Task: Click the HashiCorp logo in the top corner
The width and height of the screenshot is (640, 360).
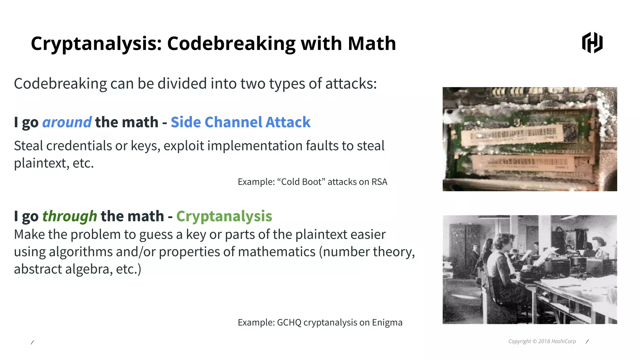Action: [x=592, y=42]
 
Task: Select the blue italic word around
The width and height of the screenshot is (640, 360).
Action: [x=67, y=122]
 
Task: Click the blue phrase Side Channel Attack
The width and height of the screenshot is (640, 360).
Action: [x=240, y=122]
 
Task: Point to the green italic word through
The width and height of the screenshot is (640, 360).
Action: [x=69, y=216]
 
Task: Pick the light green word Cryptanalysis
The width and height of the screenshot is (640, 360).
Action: [x=224, y=216]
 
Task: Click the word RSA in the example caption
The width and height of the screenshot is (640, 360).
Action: [x=379, y=182]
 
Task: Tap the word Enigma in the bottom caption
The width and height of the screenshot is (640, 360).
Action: [x=387, y=322]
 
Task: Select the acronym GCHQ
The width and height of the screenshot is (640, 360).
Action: [x=289, y=322]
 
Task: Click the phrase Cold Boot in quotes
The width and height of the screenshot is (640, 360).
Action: [x=301, y=182]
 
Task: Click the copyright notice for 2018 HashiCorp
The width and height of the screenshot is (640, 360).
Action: [x=542, y=341]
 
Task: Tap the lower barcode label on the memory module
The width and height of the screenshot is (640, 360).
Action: [x=525, y=163]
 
